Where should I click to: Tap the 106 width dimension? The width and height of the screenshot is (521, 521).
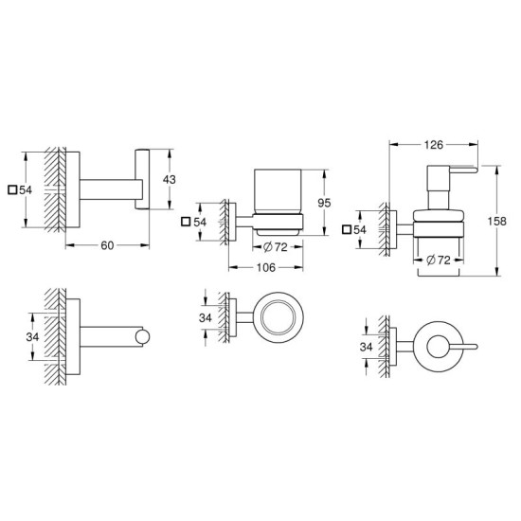[x=267, y=268]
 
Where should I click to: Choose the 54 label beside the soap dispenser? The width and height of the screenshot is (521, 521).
[x=360, y=229]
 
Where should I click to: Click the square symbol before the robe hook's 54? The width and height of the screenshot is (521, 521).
[x=11, y=189]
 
